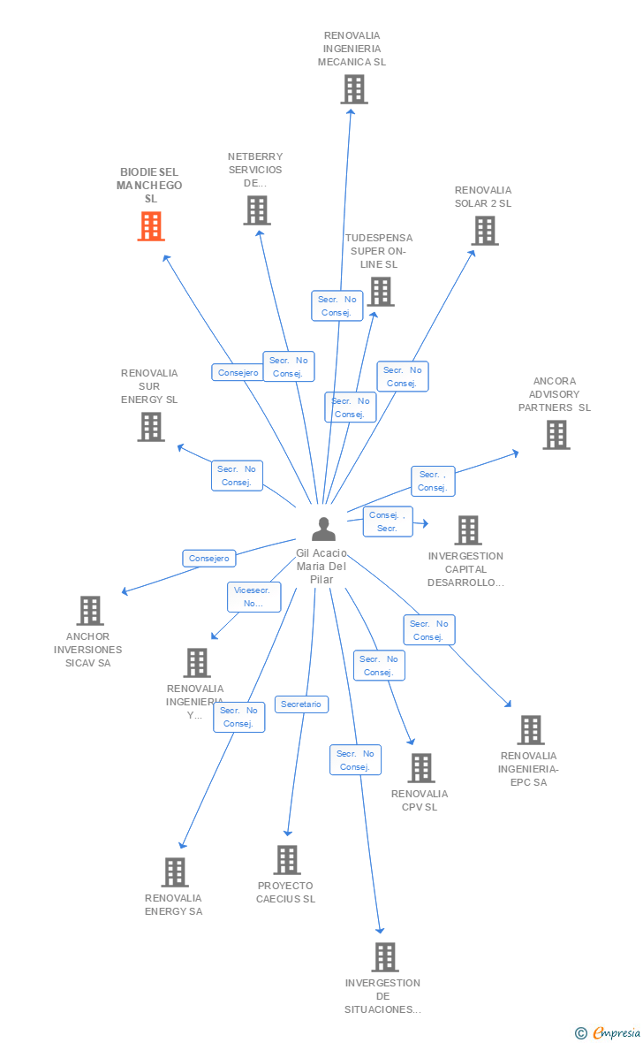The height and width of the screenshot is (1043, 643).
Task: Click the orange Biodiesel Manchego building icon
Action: point(151,226)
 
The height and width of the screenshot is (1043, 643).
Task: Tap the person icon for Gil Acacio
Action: point(324,529)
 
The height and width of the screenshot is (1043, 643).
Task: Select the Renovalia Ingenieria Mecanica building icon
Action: point(354,89)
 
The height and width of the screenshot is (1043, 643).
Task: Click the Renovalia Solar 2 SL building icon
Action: point(484,231)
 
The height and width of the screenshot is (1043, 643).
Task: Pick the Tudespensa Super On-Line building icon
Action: point(381,292)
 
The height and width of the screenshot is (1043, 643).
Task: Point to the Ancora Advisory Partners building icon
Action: point(556,435)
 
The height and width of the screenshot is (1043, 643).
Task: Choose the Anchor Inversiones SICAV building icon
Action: point(90,611)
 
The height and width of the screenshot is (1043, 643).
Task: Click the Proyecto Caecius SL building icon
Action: point(287,860)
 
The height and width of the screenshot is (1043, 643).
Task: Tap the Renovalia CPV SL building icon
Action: point(421,768)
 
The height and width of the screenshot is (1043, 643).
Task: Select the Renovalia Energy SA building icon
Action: point(175,872)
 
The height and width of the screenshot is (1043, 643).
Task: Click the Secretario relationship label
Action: point(302,704)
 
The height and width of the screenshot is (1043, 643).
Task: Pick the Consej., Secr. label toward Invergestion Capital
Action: point(388,521)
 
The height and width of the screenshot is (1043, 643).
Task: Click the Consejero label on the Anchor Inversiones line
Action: point(209,559)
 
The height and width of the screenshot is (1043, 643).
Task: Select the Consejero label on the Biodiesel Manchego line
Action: point(238,372)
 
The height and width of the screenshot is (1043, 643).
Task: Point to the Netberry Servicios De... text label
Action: point(255,170)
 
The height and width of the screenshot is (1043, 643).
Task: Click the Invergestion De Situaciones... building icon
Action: point(384,957)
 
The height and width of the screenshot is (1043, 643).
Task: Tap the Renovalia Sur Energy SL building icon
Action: point(151,427)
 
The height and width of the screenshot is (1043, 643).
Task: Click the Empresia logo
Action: point(615,1032)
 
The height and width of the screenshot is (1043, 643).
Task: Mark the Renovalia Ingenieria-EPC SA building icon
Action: point(530,730)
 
